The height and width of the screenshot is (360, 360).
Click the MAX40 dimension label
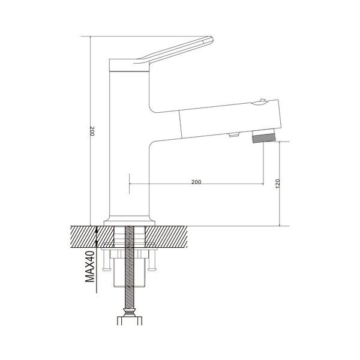point(90,266)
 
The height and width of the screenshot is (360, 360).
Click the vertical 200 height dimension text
point(92,131)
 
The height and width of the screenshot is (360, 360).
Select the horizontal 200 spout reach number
point(196,182)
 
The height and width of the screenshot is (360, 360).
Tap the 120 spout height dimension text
point(277,184)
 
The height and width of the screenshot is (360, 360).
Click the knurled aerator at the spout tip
point(263,139)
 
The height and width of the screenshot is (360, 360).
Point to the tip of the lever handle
point(212,39)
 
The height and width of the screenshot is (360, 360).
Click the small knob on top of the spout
point(262,100)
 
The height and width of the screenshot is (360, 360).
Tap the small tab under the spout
point(234,135)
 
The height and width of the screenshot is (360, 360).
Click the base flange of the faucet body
point(130,223)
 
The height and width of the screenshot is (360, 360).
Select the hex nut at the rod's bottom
point(130,321)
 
